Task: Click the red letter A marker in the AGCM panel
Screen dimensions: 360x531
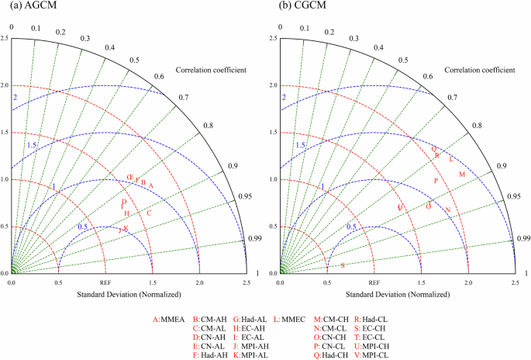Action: coord(152,184)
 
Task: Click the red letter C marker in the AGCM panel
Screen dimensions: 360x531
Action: coord(149,212)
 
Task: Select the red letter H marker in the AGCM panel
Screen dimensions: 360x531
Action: coord(127,213)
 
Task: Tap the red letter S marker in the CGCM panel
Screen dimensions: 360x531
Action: coord(343,265)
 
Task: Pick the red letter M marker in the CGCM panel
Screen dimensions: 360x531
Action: coord(462,175)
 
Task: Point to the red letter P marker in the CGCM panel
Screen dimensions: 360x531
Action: coord(436,181)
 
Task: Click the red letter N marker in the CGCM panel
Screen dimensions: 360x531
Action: coord(447,209)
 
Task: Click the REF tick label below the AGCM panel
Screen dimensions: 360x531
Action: coord(105,282)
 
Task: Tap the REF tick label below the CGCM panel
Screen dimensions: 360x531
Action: coord(374,282)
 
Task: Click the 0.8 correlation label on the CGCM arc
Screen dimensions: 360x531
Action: coord(477,125)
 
